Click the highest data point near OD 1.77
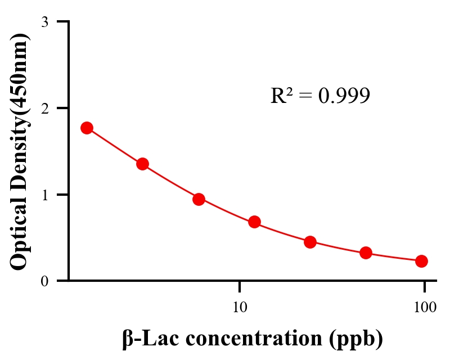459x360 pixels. [x=87, y=128]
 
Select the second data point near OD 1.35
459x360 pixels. [x=142, y=164]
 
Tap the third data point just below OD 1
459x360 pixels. [x=199, y=199]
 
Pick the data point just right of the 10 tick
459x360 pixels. [x=254, y=222]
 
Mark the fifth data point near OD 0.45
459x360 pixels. [x=310, y=242]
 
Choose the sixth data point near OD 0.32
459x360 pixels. [x=366, y=253]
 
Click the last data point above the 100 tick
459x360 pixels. [x=421, y=261]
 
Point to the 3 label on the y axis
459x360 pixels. [x=44, y=22]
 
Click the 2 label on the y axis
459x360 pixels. [x=44, y=108]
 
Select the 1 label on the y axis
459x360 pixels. [x=44, y=195]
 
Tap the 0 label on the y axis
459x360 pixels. [x=44, y=281]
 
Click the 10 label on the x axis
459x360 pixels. [x=240, y=307]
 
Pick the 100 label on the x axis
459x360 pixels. [x=425, y=307]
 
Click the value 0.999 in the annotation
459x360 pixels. [x=344, y=96]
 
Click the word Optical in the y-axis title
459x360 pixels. [x=19, y=231]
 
